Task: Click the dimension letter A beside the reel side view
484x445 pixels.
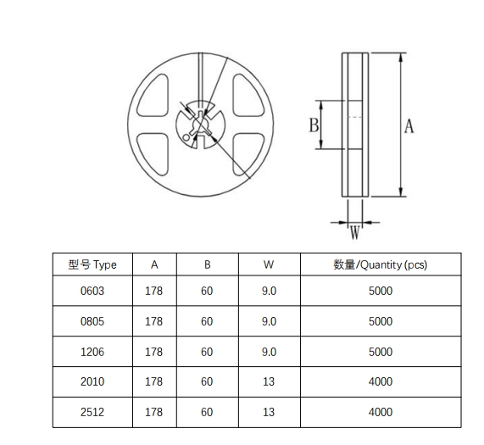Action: (x=409, y=126)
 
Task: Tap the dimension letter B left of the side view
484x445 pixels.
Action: (x=314, y=125)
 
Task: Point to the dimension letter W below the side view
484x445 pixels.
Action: (x=355, y=233)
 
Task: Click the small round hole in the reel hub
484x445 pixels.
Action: (x=186, y=137)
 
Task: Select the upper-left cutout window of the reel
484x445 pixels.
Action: (x=153, y=95)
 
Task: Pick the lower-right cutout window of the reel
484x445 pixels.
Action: (x=248, y=154)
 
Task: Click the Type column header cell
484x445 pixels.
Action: (x=92, y=264)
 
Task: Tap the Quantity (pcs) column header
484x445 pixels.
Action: (x=381, y=264)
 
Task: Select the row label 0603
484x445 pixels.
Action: (x=92, y=291)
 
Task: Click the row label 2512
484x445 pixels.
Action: (x=92, y=412)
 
